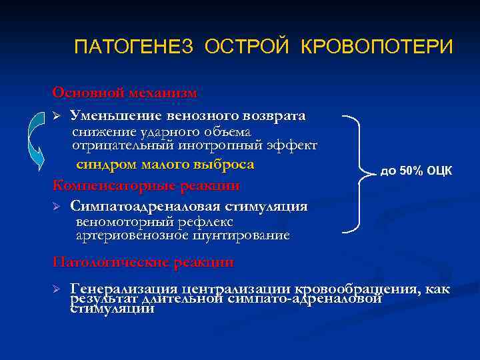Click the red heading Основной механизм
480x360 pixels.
coord(125,92)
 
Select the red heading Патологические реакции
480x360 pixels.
coord(143,263)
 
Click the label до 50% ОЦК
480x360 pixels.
coord(416,171)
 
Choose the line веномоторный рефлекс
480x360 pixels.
coord(154,221)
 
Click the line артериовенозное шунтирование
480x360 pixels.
coord(182,235)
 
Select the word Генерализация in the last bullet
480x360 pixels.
coord(124,289)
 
